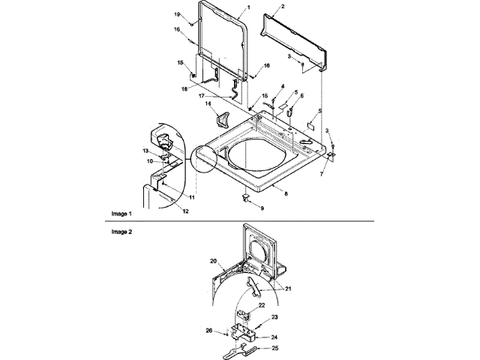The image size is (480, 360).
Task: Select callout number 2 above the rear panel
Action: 283,7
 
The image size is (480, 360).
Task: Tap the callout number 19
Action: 178,14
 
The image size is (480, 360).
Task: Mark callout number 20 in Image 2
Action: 214,260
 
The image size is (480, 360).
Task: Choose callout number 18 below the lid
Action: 184,88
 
